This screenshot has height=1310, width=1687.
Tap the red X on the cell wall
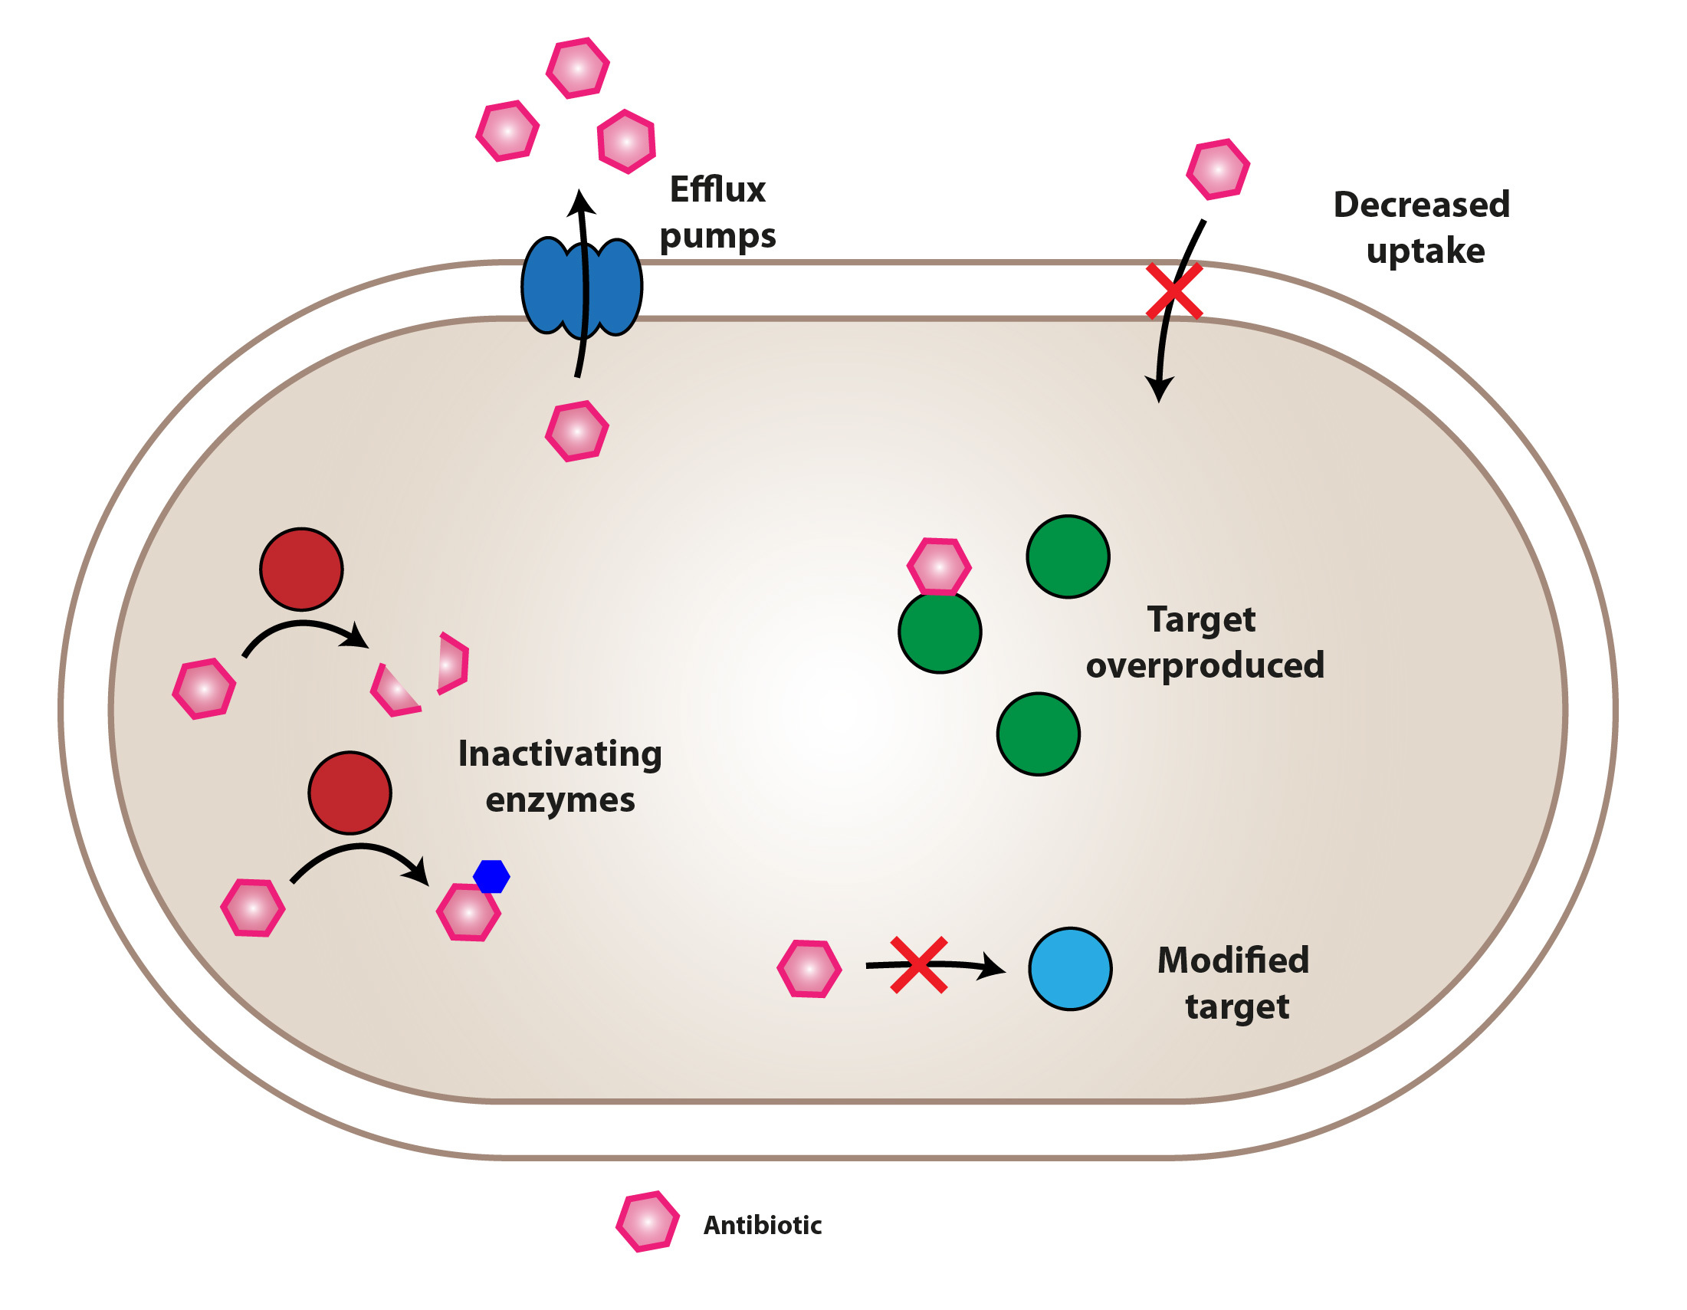[1173, 291]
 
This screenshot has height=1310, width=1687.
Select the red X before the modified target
[918, 965]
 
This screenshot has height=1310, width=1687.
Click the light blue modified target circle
[1070, 969]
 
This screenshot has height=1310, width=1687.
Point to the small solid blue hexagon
[491, 876]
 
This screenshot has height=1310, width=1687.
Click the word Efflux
[717, 190]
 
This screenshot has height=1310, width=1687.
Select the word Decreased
[1420, 205]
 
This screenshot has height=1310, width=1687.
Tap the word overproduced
[1204, 665]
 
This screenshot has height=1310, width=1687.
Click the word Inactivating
[560, 753]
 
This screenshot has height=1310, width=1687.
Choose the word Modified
[1232, 960]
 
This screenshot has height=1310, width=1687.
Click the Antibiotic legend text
[762, 1225]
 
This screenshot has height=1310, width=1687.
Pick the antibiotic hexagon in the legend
[648, 1221]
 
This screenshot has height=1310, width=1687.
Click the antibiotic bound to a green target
[938, 567]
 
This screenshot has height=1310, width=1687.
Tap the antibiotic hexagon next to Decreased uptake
[1217, 169]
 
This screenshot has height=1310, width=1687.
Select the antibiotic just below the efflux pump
[577, 431]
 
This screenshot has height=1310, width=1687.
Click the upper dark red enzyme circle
[301, 570]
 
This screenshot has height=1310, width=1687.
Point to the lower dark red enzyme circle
[350, 793]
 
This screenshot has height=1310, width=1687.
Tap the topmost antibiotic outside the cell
[578, 68]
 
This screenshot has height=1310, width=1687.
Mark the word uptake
[1425, 251]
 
